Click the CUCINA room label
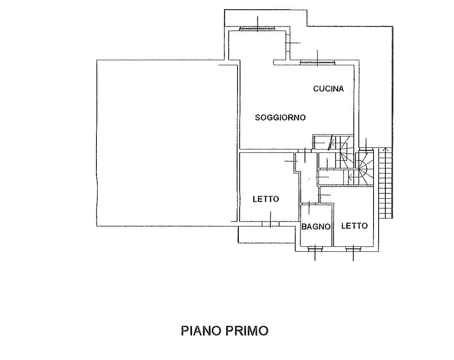coord(328,89)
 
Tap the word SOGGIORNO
coord(280,117)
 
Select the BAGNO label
coord(316,227)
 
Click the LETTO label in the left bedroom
coord(266,199)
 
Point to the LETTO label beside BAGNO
coord(354,226)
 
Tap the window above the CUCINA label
coord(317,63)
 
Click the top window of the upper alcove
coord(257,29)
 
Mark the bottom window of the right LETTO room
coord(353,248)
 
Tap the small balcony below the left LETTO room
coord(265,235)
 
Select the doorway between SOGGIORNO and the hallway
coord(304,150)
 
